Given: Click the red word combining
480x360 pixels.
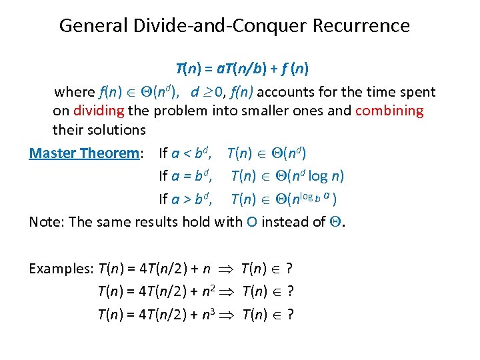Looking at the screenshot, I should click(x=389, y=111).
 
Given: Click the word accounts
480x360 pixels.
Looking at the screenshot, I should click(x=279, y=92).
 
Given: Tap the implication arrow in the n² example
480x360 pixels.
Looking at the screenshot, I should click(x=232, y=291).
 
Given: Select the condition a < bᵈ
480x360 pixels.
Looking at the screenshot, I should click(x=192, y=153).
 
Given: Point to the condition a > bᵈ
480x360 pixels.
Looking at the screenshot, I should click(x=192, y=199).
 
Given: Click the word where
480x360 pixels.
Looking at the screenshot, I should click(x=74, y=92).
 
